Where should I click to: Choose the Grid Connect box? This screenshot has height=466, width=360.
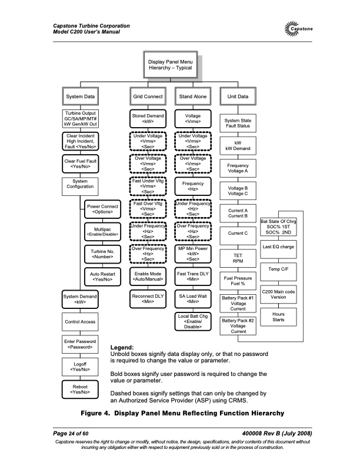click(x=148, y=95)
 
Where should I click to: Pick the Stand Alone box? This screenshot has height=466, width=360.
click(x=193, y=95)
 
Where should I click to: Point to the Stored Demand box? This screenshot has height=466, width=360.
click(x=148, y=119)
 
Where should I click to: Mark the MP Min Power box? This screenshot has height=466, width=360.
click(x=193, y=254)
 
